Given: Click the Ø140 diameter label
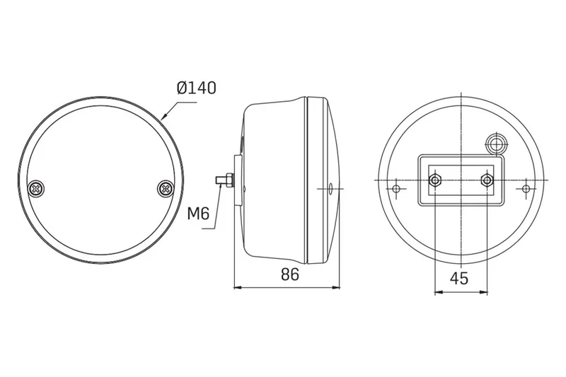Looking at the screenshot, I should click(x=197, y=88).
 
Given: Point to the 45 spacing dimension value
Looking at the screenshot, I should click(x=459, y=278).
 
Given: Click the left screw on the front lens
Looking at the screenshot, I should click(x=36, y=188).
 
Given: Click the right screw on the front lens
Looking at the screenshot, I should click(x=165, y=188).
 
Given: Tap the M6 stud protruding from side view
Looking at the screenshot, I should click(x=224, y=180).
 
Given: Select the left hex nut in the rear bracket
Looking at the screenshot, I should click(x=434, y=180).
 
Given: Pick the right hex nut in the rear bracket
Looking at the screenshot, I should click(x=486, y=180).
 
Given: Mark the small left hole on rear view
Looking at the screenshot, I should click(x=397, y=188).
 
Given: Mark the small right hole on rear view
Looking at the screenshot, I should click(x=526, y=188).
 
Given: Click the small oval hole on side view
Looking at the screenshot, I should click(x=331, y=189).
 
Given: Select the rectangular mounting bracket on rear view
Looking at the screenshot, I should click(x=460, y=180).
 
